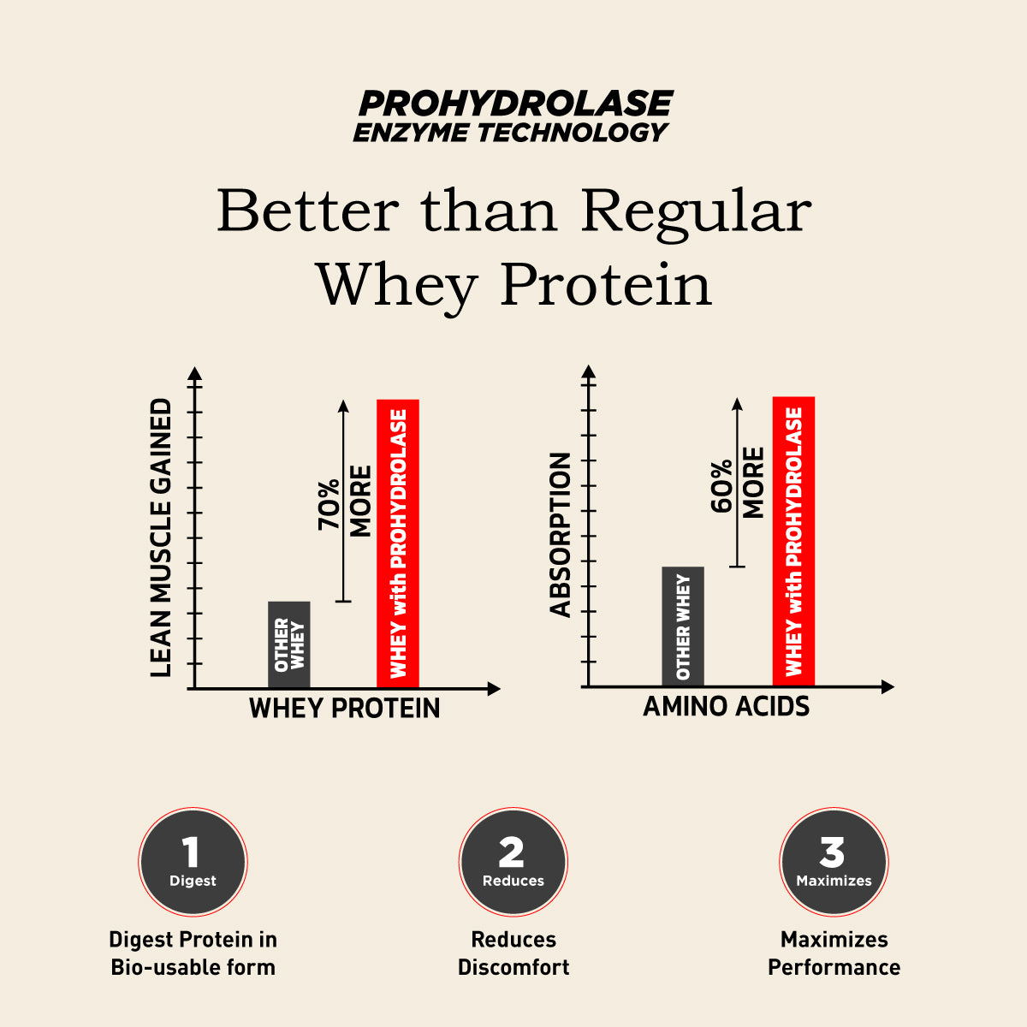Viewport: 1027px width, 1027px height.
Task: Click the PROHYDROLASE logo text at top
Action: point(515,104)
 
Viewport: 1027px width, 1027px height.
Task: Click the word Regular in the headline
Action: point(695,211)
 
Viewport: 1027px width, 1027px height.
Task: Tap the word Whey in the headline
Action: point(396,284)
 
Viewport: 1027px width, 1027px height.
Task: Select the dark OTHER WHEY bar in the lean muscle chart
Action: point(289,644)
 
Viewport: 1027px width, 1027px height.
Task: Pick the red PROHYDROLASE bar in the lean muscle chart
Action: point(398,543)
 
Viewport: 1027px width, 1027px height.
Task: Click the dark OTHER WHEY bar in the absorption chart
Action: point(683,626)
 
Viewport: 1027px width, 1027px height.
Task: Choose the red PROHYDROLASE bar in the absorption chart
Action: point(793,541)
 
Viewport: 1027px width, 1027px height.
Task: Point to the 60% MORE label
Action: point(738,484)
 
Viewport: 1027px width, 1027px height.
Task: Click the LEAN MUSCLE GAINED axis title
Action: point(161,537)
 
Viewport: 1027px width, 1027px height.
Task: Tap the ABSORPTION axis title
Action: point(561,535)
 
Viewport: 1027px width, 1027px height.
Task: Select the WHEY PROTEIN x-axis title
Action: point(344,709)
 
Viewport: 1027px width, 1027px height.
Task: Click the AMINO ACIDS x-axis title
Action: point(726,707)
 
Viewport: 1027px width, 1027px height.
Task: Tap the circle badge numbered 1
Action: point(193,862)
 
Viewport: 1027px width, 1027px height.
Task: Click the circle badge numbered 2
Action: point(513,862)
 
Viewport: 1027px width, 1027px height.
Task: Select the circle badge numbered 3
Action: point(833,862)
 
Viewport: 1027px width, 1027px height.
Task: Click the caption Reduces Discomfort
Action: point(513,953)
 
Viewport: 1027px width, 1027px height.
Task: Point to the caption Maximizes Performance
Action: point(834,953)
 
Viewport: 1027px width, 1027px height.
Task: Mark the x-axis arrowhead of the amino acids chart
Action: point(887,686)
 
